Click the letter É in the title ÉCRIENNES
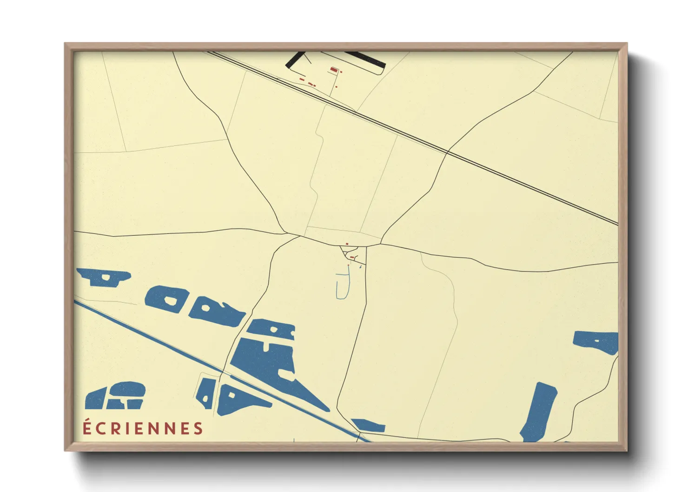pyautogui.click(x=86, y=427)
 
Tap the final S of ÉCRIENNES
pyautogui.click(x=199, y=428)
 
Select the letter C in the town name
pyautogui.click(x=100, y=428)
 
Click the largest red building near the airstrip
pyautogui.click(x=333, y=70)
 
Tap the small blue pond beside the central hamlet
pyautogui.click(x=360, y=267)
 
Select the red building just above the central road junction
pyautogui.click(x=347, y=244)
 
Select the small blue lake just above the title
pyautogui.click(x=116, y=396)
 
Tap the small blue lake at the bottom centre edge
pyautogui.click(x=370, y=425)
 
